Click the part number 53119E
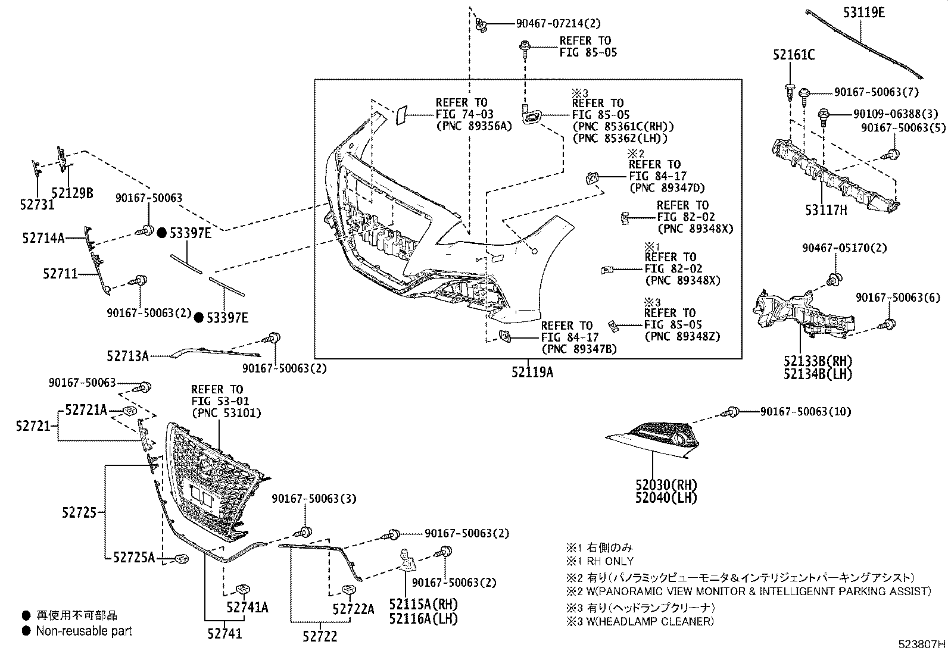click(x=863, y=12)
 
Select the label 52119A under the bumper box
click(x=532, y=373)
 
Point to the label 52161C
click(x=794, y=55)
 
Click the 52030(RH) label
click(x=666, y=485)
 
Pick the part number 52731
click(x=36, y=205)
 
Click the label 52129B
click(x=72, y=193)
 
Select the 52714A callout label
click(x=43, y=238)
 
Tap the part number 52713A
click(x=128, y=356)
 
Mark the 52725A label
click(x=134, y=557)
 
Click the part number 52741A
click(x=247, y=607)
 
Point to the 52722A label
click(x=354, y=609)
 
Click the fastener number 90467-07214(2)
click(x=550, y=24)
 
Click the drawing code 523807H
click(x=922, y=644)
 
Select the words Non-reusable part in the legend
click(x=84, y=631)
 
